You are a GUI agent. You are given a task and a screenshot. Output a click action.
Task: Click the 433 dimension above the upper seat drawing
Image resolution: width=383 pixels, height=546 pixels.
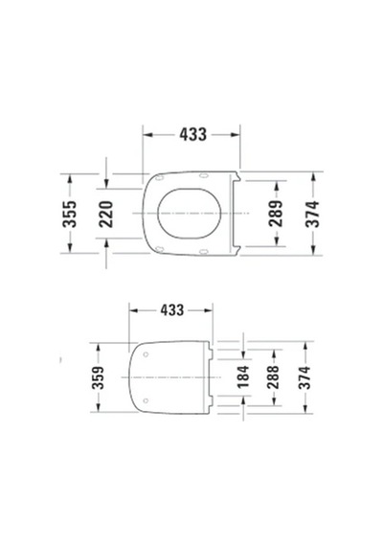tap(192, 134)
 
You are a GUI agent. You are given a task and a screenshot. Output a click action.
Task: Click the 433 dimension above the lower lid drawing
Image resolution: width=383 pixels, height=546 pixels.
tap(171, 310)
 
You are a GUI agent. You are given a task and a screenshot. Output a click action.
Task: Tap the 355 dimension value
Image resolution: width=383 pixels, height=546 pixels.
tap(69, 214)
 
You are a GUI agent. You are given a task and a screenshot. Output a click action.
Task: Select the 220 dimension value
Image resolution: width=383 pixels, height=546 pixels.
tap(106, 215)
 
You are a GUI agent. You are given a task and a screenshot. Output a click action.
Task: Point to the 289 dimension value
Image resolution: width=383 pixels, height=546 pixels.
tap(276, 214)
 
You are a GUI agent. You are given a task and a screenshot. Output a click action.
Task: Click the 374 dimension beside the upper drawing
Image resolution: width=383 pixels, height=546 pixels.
tap(312, 214)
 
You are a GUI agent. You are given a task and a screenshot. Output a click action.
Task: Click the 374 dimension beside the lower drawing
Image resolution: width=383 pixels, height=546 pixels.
tap(304, 377)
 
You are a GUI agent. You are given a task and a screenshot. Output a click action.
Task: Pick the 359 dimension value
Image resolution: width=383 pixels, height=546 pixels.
tap(98, 377)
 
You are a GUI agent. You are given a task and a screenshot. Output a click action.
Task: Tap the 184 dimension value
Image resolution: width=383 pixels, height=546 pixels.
tap(243, 376)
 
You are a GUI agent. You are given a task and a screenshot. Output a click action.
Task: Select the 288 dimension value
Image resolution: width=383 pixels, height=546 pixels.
tap(273, 377)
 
